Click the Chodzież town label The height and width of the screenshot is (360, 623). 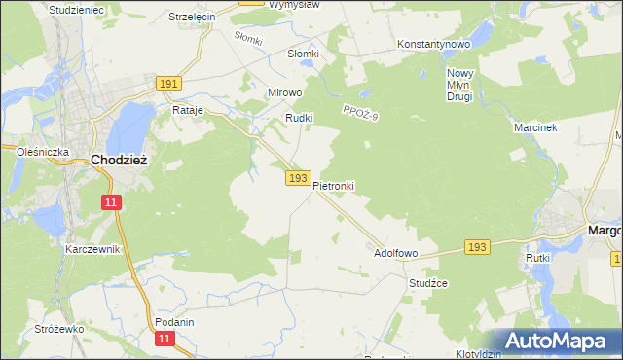[x=119, y=160]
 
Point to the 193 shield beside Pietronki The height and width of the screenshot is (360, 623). [x=299, y=179]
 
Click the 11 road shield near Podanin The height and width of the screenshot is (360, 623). [x=166, y=338]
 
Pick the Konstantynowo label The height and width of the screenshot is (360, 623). [x=434, y=45]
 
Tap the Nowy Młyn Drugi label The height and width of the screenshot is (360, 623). [x=459, y=85]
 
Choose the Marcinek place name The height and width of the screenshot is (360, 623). [x=533, y=127]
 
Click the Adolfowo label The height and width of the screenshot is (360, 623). [x=396, y=253]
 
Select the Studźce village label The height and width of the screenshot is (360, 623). [x=428, y=283]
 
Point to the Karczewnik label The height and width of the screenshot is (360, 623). [x=92, y=249]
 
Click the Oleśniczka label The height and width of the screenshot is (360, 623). [x=42, y=152]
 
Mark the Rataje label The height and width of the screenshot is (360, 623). [x=187, y=111]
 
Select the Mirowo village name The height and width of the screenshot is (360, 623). [x=286, y=93]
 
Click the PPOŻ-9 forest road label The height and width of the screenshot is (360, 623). [x=360, y=115]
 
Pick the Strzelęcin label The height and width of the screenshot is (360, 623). [x=191, y=18]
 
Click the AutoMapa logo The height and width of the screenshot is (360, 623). [x=556, y=341]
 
